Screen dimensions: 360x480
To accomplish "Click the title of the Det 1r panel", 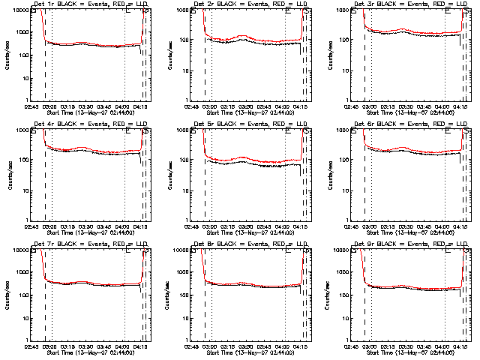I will coord(89,4).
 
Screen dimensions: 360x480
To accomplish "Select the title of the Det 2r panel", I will coord(250,4).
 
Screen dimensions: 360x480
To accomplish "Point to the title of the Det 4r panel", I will coord(89,124).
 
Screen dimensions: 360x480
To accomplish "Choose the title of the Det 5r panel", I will coord(250,124).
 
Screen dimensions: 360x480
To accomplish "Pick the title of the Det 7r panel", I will coord(89,244).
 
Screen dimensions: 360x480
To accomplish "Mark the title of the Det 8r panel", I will coord(250,244).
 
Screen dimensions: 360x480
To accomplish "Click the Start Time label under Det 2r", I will coord(250,112).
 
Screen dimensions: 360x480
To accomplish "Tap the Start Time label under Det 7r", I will coord(89,352).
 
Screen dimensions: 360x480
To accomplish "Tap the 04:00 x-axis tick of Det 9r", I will coord(445,346).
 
